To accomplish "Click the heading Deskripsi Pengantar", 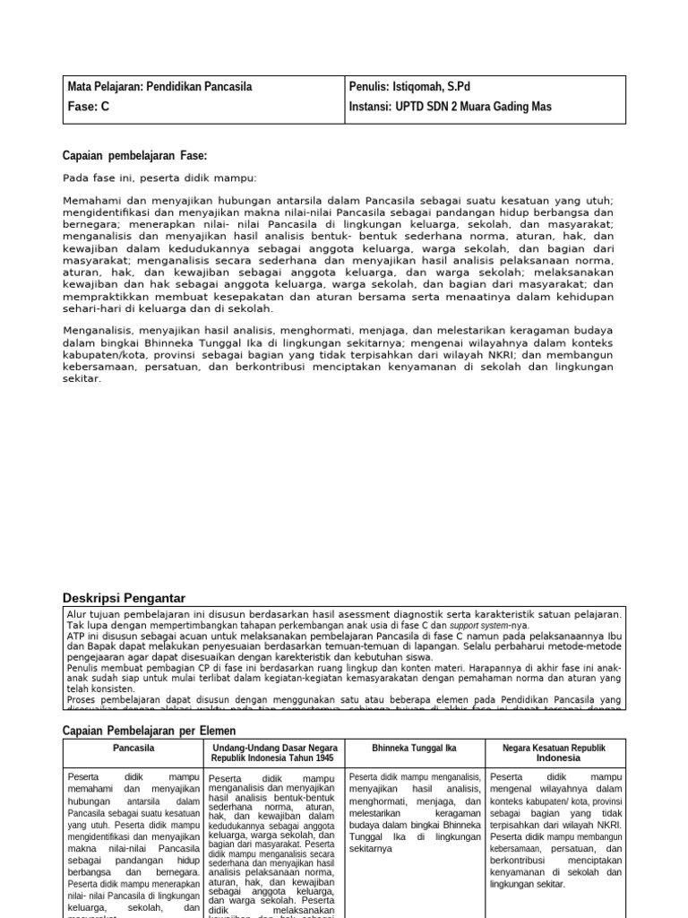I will click(x=124, y=597).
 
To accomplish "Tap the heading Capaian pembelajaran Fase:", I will click(x=134, y=154).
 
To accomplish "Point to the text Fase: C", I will click(x=89, y=107).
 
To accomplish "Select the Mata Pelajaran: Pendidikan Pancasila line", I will click(x=160, y=87).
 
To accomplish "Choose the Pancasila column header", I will click(x=133, y=747).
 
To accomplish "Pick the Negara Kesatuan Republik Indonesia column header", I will click(x=552, y=752).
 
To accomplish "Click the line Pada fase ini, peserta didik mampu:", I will click(x=159, y=178).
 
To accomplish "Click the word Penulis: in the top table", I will click(x=368, y=87).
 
